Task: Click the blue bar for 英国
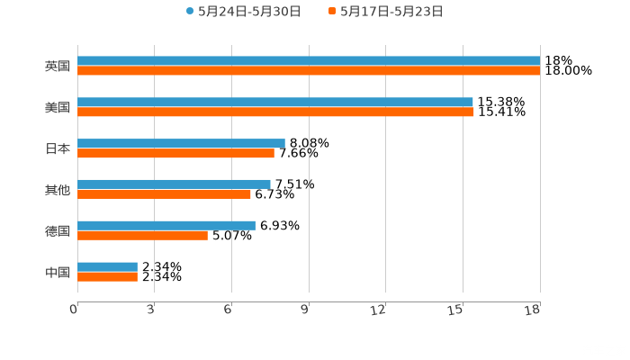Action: point(309,61)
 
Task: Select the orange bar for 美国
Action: point(275,112)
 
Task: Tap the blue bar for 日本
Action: point(181,143)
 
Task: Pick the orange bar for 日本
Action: point(175,154)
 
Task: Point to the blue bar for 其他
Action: point(174,184)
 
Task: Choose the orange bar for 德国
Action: point(142,236)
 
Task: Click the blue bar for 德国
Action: point(166,225)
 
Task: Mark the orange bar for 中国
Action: point(107,277)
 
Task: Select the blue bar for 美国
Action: point(275,102)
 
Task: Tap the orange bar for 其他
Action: point(164,194)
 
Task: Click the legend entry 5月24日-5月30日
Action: point(243,12)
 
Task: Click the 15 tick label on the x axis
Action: point(457,310)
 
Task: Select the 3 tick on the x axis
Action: point(150,310)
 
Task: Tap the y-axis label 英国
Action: point(58,67)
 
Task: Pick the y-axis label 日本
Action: point(58,148)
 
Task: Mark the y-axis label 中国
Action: point(58,272)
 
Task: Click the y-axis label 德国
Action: point(58,230)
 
